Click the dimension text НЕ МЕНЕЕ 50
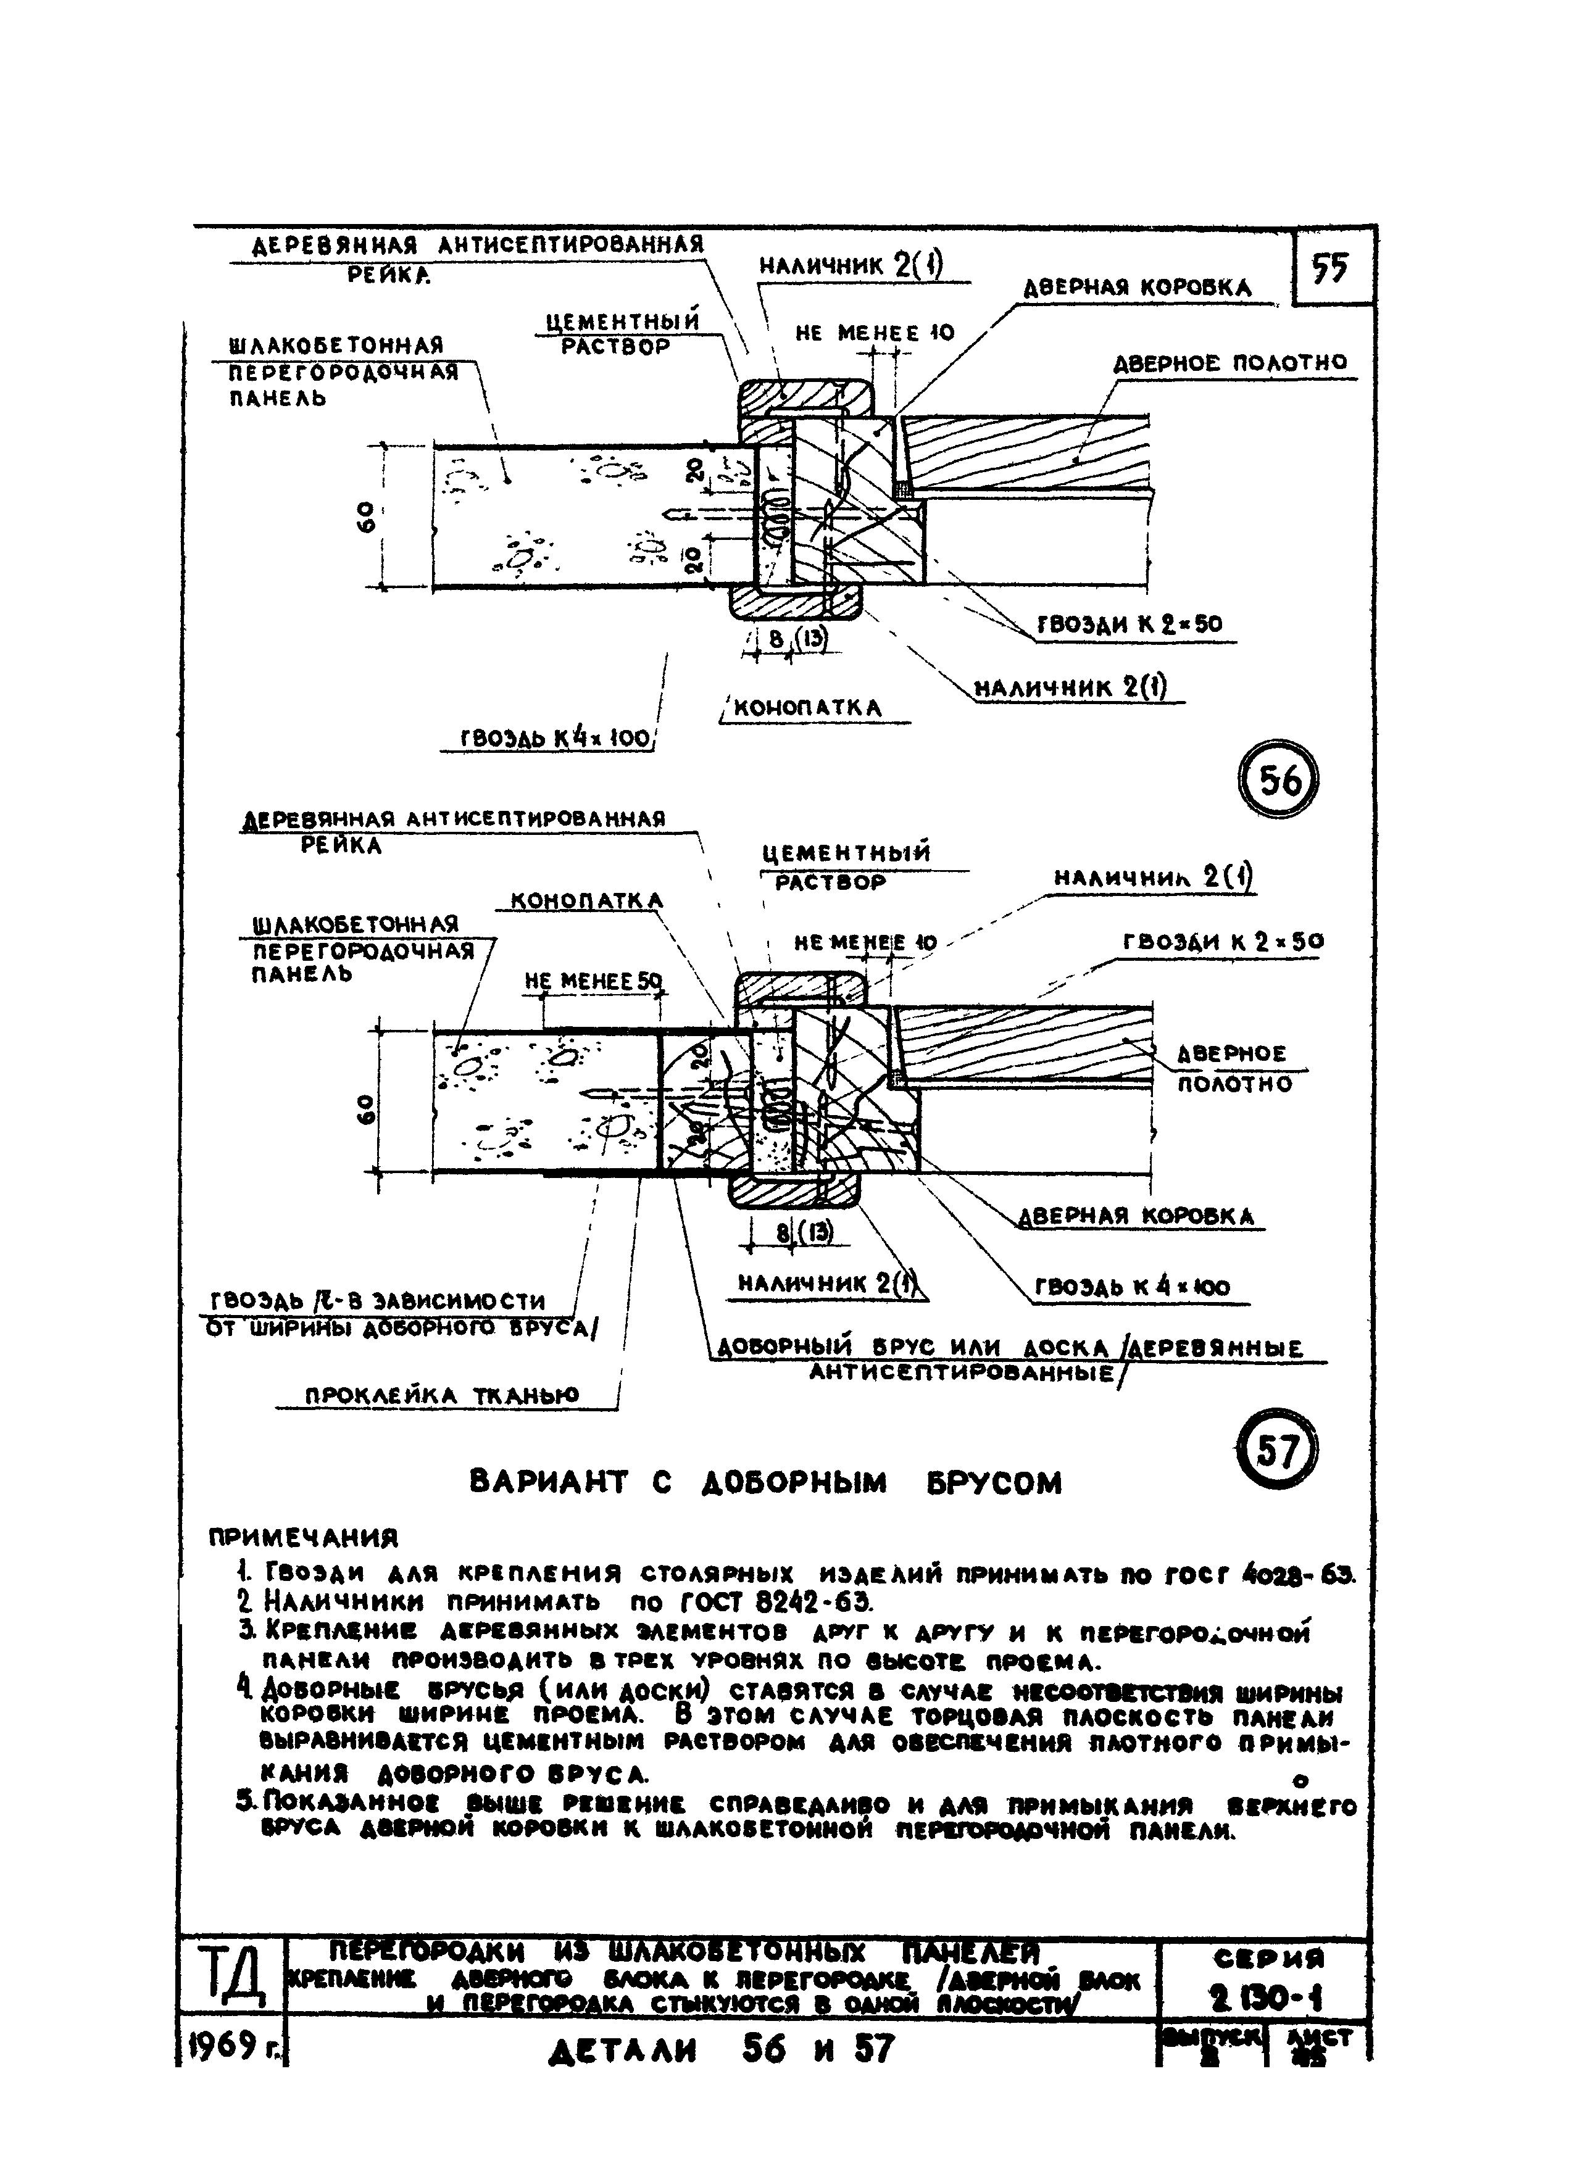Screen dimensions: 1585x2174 click(x=594, y=981)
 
